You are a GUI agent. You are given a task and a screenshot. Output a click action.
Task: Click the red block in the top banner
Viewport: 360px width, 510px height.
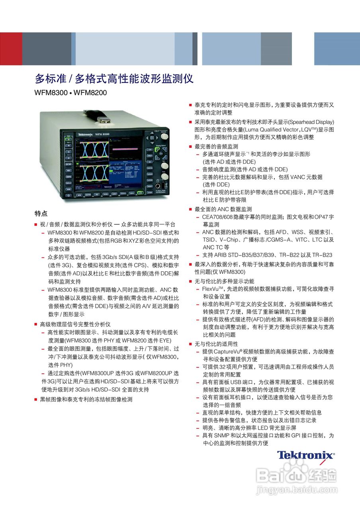click(11, 49)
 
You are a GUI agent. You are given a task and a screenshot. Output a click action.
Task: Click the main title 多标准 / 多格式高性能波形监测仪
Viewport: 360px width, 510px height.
click(114, 78)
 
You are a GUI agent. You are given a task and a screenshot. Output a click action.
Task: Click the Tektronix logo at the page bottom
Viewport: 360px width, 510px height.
click(306, 455)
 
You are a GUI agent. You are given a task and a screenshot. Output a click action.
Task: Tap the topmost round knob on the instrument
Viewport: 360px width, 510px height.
click(164, 136)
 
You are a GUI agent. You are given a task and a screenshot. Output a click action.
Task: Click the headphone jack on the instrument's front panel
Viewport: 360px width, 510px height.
click(157, 185)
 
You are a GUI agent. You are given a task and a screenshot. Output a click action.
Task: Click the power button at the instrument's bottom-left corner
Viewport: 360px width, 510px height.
click(68, 195)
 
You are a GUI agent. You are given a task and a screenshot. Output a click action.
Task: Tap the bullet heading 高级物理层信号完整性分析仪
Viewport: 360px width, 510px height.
click(75, 324)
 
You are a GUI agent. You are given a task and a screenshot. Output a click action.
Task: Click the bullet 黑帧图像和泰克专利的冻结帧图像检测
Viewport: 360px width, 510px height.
click(86, 400)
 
